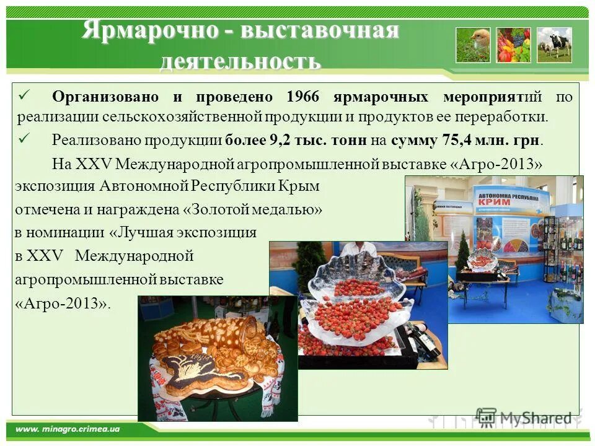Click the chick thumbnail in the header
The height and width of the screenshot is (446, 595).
pyautogui.click(x=473, y=45)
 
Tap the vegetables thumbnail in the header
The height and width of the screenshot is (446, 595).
pyautogui.click(x=513, y=45)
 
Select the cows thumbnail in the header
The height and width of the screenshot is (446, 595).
pyautogui.click(x=554, y=45)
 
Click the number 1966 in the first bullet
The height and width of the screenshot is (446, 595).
pyautogui.click(x=306, y=97)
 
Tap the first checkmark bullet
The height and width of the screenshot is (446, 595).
pyautogui.click(x=25, y=95)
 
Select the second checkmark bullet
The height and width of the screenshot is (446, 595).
pyautogui.click(x=25, y=138)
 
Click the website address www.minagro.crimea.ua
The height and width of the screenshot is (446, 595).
pyautogui.click(x=68, y=429)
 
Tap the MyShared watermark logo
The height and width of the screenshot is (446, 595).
pyautogui.click(x=524, y=418)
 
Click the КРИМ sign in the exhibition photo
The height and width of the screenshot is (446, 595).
pyautogui.click(x=494, y=202)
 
